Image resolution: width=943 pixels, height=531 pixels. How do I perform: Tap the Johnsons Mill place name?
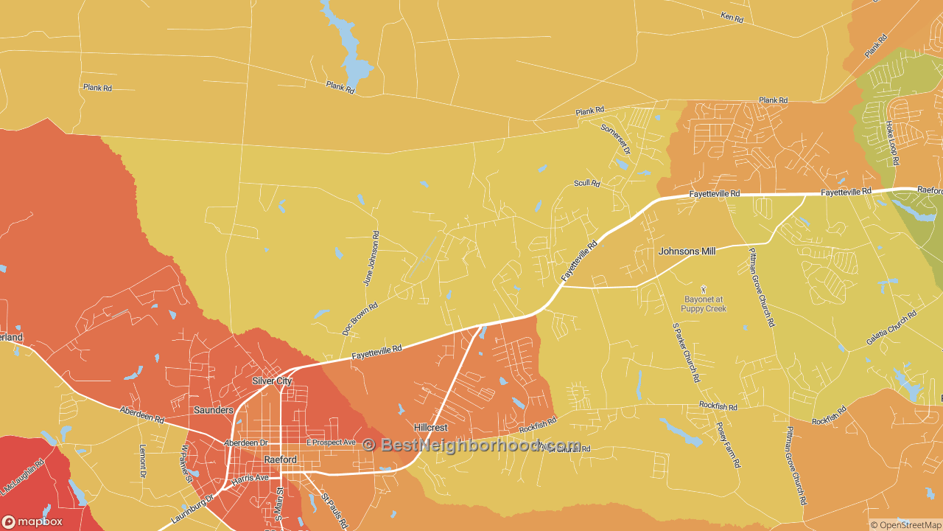(x=687, y=251)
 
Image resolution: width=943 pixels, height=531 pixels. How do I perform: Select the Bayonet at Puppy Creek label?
(x=704, y=304)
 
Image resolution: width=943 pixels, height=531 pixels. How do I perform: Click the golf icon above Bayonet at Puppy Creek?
(x=704, y=289)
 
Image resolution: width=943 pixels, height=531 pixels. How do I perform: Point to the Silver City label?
(x=272, y=381)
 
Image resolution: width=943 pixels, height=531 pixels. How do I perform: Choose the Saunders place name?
(x=214, y=410)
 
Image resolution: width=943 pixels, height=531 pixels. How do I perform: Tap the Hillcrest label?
(x=430, y=428)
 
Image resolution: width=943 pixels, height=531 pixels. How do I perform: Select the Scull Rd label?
(x=586, y=183)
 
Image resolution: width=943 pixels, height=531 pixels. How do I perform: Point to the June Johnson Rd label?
(x=371, y=258)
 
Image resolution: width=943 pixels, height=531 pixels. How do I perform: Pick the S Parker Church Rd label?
(x=685, y=352)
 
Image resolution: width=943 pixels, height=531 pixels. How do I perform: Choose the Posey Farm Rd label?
(x=728, y=445)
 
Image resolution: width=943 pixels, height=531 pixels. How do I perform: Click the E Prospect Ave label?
(x=331, y=442)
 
